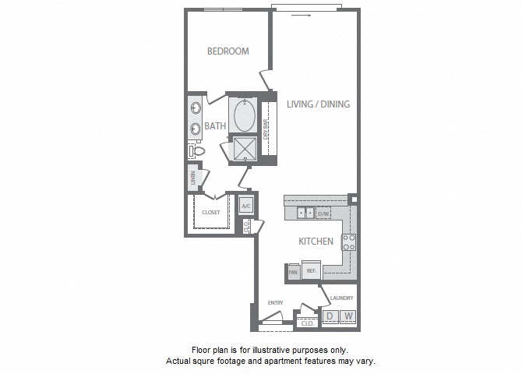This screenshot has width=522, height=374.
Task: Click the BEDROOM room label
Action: [x=227, y=51]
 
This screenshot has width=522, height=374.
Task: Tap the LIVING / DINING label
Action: [x=318, y=104]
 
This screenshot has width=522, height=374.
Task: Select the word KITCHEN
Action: [x=316, y=242]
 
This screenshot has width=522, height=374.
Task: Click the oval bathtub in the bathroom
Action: [x=245, y=115]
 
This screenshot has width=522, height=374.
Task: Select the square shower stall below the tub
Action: [x=245, y=149]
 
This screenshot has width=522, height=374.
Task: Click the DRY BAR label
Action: [x=266, y=129]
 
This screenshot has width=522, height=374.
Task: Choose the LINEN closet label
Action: [x=192, y=178]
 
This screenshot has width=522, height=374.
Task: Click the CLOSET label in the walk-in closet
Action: [x=210, y=212]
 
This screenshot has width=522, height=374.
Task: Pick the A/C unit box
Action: [x=246, y=206]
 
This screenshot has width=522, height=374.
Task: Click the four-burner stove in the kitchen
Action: [x=349, y=242]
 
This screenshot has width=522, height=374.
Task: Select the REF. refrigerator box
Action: [x=311, y=271]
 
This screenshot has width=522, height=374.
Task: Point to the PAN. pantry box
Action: [x=293, y=272]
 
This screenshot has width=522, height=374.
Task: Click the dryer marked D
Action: [x=329, y=316]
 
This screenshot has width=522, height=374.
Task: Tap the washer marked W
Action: [x=347, y=316]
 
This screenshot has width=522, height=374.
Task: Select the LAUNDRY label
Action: [x=341, y=298]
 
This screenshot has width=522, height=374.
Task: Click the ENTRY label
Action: [x=275, y=303]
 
